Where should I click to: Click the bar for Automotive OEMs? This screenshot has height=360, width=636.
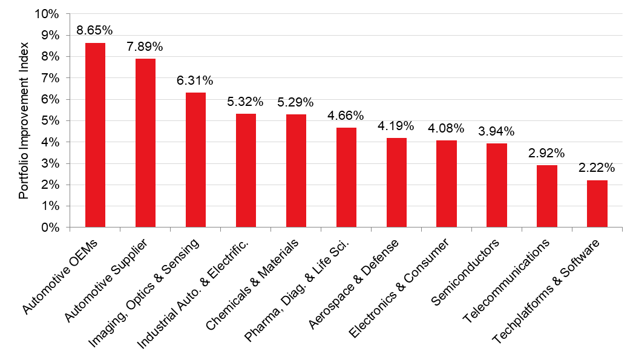(x=95, y=136)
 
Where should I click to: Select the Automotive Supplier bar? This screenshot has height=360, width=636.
(x=145, y=143)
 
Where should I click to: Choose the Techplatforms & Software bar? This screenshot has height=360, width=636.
(x=597, y=204)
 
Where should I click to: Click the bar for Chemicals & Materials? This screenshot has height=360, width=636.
(x=296, y=171)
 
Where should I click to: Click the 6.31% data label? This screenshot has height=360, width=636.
(x=195, y=80)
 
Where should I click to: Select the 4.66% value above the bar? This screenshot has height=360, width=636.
(x=346, y=115)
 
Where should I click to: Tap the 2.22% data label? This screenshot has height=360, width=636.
(x=597, y=167)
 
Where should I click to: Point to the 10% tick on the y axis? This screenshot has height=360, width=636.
(x=48, y=14)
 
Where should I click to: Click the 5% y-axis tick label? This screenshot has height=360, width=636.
(x=51, y=121)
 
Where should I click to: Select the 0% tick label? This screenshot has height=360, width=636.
(x=51, y=227)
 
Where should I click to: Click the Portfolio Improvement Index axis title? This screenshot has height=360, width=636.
(x=24, y=121)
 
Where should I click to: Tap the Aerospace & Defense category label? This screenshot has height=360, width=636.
(x=355, y=283)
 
